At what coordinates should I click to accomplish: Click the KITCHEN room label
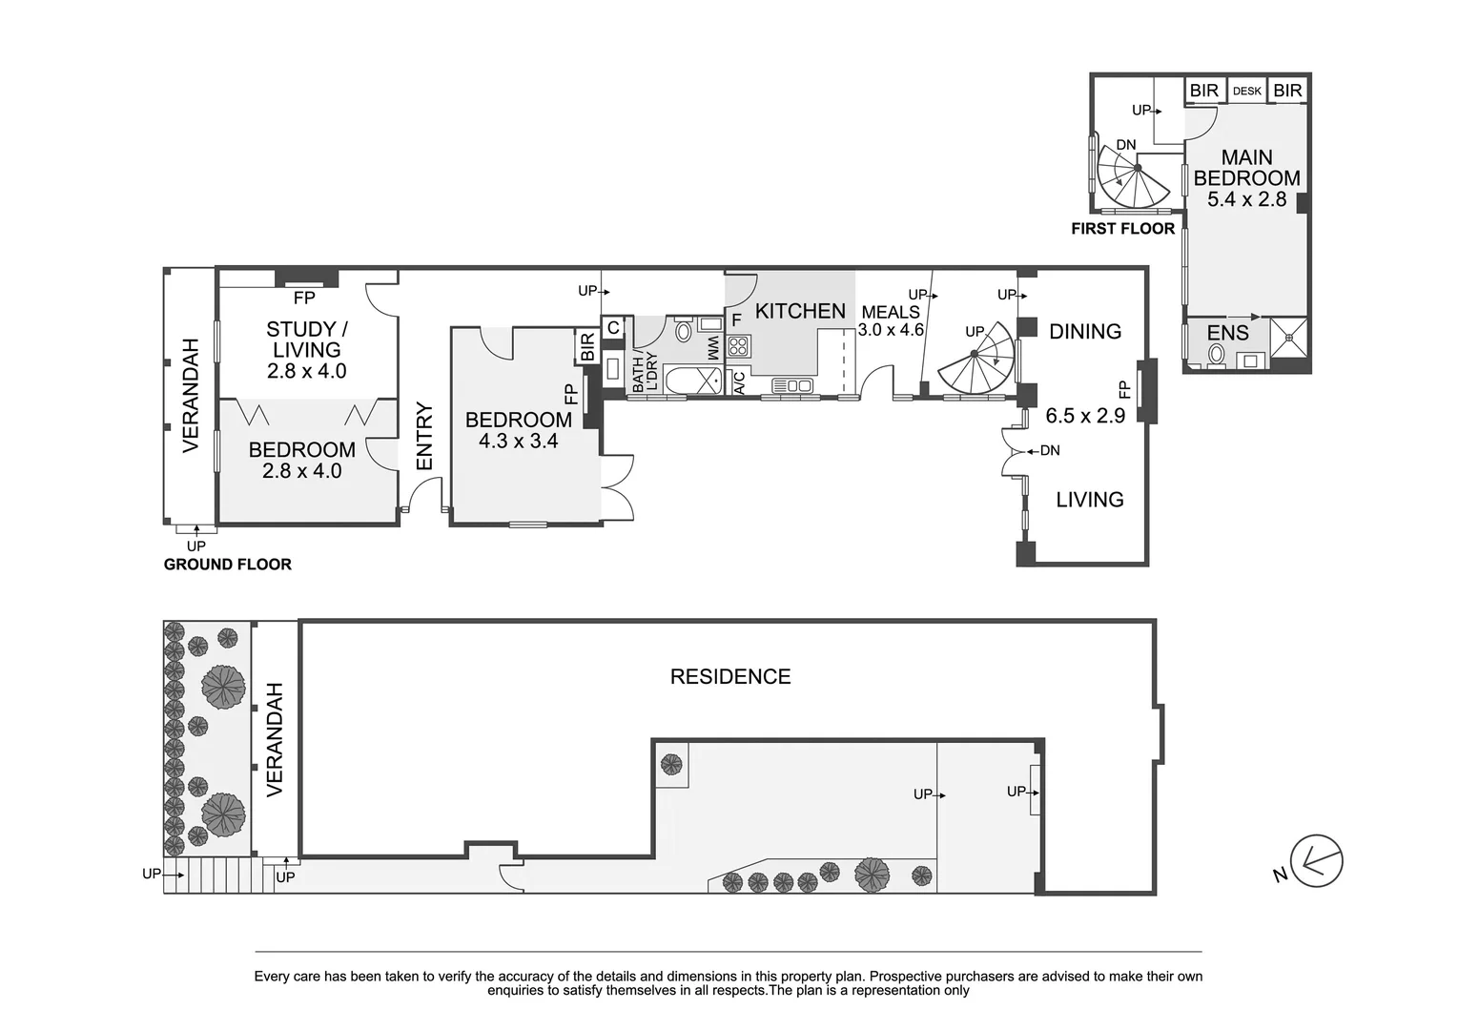[800, 311]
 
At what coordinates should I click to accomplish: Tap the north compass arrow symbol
[1316, 862]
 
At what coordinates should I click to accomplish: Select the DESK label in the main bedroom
[1246, 92]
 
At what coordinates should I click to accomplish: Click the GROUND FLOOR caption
[227, 565]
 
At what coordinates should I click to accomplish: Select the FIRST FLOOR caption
[1122, 229]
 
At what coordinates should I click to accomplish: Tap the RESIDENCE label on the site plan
[730, 677]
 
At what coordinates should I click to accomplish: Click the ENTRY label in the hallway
[424, 437]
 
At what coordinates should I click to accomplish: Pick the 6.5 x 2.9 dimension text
[1085, 416]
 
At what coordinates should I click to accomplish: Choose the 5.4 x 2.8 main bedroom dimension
[1246, 199]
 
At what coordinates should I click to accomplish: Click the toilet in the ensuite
[1216, 356]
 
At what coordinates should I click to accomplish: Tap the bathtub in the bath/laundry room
[691, 381]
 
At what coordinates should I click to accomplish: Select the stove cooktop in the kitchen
[739, 345]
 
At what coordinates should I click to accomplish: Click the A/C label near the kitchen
[739, 382]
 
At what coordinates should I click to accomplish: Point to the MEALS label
[891, 312]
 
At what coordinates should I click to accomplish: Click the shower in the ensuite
[1288, 338]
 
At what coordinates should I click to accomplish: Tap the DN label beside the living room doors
[1049, 450]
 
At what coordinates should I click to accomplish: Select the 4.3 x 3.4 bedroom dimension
[518, 441]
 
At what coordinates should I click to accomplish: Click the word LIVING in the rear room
[1089, 500]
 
